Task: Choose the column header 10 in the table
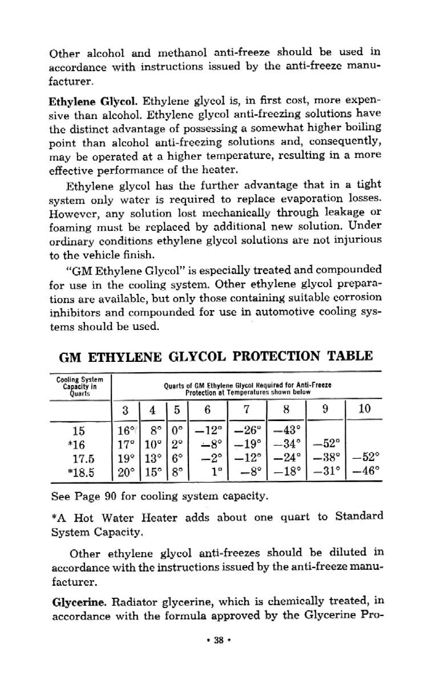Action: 364,409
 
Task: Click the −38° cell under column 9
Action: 326,457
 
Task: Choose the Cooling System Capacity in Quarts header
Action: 79,386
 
